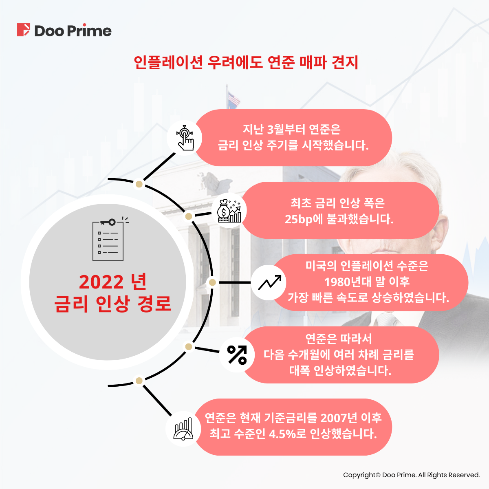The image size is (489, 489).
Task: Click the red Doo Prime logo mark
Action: point(23,30)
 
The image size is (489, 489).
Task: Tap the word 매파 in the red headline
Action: point(313,62)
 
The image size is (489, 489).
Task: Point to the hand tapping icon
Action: point(185,138)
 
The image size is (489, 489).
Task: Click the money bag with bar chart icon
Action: point(229,211)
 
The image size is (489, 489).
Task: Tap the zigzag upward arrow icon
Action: point(269,282)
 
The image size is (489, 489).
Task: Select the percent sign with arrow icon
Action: point(237,355)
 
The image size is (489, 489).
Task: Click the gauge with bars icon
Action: point(183,429)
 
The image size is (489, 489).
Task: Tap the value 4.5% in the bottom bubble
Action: point(282,434)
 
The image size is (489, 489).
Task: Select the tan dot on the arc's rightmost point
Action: point(212,282)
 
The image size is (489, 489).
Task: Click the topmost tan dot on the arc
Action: point(139,184)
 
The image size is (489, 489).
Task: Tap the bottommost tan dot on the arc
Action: point(139,381)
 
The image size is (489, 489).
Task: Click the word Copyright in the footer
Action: point(359,475)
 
